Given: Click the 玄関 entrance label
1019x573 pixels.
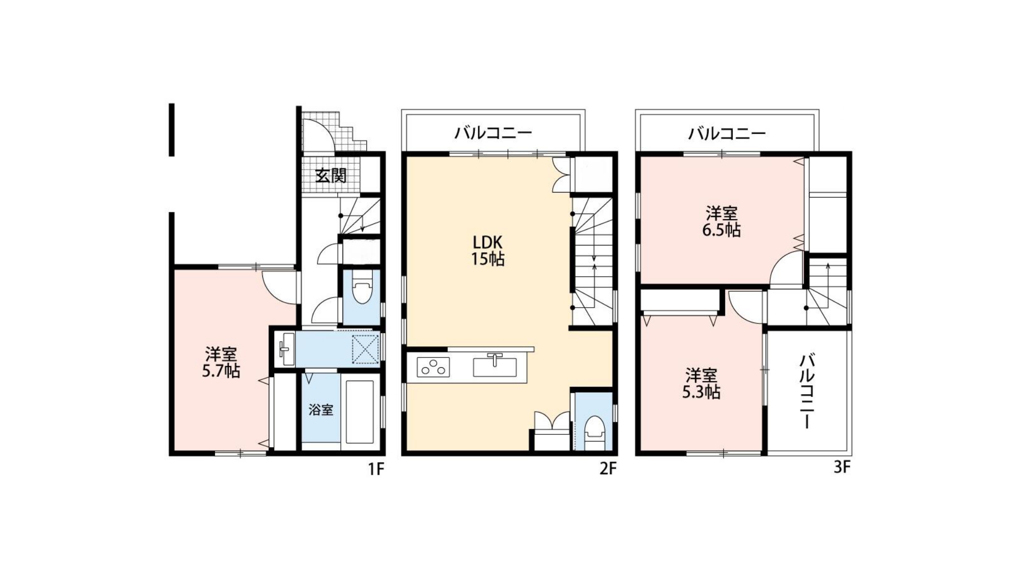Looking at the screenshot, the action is (x=331, y=175).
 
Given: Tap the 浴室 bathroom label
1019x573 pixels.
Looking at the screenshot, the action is (x=321, y=410).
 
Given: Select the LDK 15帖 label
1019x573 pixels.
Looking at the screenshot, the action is (x=488, y=250).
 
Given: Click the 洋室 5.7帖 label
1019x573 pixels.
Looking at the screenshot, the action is (x=221, y=362).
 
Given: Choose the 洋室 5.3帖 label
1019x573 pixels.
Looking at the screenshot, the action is (x=701, y=384).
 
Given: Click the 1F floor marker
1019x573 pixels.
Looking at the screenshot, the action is (x=376, y=469).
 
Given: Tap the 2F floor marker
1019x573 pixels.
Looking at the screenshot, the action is (x=608, y=469).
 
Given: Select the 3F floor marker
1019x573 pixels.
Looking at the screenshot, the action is (x=842, y=467).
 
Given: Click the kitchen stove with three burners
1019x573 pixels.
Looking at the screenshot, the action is (x=434, y=367).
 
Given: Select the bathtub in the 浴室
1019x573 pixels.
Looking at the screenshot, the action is (x=361, y=411).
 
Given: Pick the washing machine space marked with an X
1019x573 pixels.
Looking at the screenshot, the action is (x=365, y=349).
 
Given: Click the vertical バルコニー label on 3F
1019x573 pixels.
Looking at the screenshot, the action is (x=806, y=391).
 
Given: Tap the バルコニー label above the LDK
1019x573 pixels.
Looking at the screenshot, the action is (x=493, y=133).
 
